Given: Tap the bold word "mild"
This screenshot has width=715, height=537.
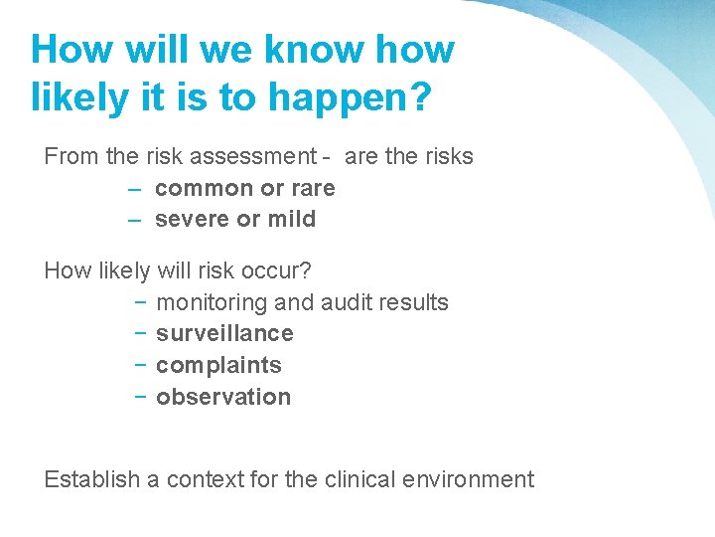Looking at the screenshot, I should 290,219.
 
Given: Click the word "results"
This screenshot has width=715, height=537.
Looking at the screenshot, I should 415,302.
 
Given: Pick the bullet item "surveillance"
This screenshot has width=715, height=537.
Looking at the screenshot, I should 224,333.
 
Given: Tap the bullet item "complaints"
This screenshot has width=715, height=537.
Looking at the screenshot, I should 218,365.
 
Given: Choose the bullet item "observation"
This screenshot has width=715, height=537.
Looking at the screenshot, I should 223,397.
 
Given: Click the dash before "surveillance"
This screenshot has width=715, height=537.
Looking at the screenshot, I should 141,333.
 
